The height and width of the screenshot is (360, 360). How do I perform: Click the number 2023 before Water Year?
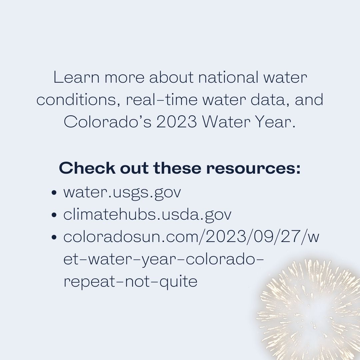177,122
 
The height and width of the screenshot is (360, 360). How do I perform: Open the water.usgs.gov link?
122,193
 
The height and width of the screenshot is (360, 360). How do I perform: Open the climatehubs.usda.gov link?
147,215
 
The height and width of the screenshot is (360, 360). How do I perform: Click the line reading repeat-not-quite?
130,282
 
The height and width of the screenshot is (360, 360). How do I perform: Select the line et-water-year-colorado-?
164,259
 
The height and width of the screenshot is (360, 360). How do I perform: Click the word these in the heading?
178,168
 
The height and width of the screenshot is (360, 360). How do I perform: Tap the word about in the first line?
171,78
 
